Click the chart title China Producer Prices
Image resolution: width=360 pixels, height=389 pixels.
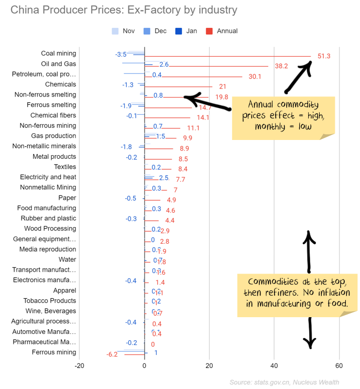click(124, 10)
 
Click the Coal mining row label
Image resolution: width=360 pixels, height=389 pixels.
click(58, 53)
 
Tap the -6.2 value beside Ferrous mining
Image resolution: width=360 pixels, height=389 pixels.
click(112, 355)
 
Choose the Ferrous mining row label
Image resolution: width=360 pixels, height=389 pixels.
click(54, 352)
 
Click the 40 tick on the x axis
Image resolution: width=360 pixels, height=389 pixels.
click(274, 366)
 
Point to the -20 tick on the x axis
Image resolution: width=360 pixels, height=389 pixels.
click(79, 366)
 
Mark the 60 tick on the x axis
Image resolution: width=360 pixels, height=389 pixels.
click(339, 366)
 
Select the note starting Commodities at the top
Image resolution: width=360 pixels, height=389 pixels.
click(298, 293)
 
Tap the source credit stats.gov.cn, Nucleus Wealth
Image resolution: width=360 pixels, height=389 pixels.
click(284, 382)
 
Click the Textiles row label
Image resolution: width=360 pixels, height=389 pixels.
click(65, 167)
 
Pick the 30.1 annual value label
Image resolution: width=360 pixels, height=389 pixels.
click(255, 77)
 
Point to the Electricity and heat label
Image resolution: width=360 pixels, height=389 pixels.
click(48, 177)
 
